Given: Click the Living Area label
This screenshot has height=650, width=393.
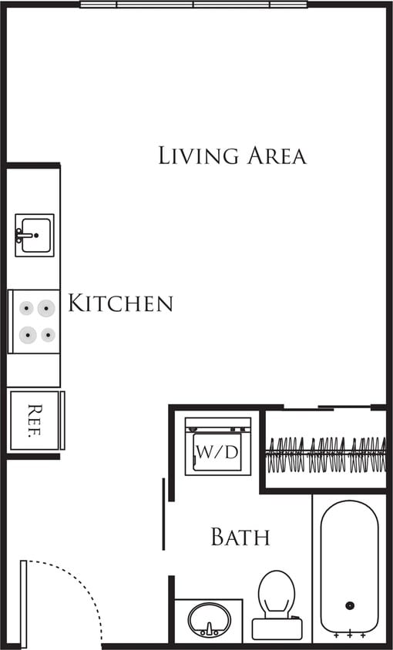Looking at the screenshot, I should pos(232,155).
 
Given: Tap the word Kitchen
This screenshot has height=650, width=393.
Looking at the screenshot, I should pos(120,303).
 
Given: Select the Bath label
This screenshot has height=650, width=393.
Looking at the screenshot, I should pos(240,537).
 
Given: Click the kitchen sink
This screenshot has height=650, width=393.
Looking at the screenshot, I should pos(35,235).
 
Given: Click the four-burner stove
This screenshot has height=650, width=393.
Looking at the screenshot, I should pos(35,321).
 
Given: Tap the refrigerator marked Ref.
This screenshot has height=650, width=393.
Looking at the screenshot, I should pos(34,420).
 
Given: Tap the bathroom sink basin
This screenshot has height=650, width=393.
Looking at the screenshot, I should pos(209,618).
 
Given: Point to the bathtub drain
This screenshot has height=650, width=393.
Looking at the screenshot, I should pos(349,605).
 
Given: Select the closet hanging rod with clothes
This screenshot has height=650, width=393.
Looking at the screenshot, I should pos(326,454).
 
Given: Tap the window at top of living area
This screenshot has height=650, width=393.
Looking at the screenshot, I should pos(193,5).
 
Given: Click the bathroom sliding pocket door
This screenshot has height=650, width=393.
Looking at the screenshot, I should pos(163,514).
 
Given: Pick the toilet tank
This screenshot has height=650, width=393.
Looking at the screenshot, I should pos(277,629).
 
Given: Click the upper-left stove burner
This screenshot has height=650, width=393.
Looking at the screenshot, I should pos(27,309).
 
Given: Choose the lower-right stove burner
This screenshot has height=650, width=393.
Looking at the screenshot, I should pos(48,334).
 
